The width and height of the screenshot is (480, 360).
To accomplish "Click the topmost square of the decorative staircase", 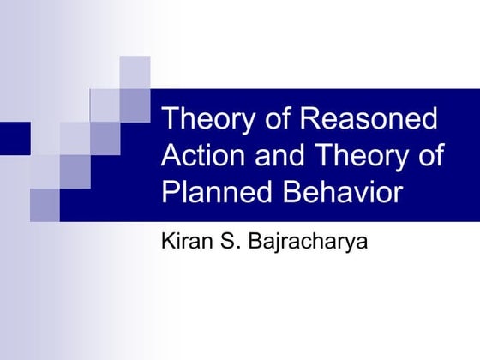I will coord(135,72).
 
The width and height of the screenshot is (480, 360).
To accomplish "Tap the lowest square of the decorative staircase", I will coord(45,204).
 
